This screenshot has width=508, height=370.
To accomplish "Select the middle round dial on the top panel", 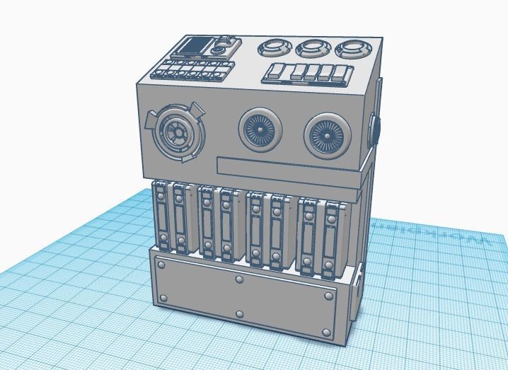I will point(311,48).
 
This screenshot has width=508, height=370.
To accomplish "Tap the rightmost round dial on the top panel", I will point(350,50).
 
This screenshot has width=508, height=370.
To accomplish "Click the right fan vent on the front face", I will point(328,135).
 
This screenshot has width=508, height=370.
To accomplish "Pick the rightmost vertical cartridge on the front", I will point(330,238).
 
